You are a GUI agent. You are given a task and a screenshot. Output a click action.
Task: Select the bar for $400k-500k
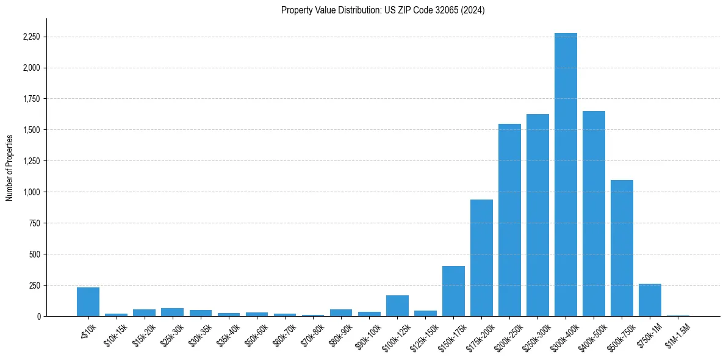click(594, 214)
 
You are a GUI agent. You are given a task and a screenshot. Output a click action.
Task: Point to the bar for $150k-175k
click(453, 291)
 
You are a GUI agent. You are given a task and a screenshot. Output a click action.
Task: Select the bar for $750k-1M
click(650, 300)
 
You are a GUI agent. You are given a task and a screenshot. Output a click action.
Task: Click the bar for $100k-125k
click(397, 306)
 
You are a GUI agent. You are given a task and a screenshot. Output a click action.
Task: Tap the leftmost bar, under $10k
click(88, 301)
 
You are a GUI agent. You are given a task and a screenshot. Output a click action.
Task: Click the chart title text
click(383, 10)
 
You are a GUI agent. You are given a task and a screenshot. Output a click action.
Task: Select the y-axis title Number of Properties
click(10, 167)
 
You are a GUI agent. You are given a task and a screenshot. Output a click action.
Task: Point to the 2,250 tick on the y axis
click(31, 37)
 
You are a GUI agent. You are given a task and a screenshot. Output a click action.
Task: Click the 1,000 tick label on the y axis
click(31, 192)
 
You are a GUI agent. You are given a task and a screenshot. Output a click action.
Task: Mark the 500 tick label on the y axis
click(35, 254)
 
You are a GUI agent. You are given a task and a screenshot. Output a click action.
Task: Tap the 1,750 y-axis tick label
click(31, 99)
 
